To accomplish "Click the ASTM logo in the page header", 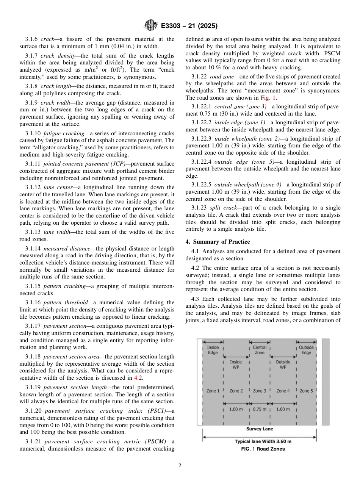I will click(151, 26).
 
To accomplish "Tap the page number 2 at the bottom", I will click(180, 466).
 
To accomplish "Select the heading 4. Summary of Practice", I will click(218, 241).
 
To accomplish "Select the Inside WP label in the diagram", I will click(236, 365).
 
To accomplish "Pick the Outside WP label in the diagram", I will click(283, 365).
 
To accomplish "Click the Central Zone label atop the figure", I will click(260, 350).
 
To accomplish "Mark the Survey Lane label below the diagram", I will click(260, 429).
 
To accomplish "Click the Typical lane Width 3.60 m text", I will click(263, 441).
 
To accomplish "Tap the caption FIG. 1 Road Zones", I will click(263, 449).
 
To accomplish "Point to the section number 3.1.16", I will click(33, 302).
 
